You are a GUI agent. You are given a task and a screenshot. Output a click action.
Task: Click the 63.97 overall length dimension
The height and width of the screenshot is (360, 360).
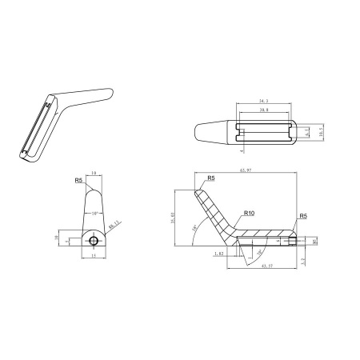245,170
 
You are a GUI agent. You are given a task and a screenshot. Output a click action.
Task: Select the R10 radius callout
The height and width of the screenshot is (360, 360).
248,214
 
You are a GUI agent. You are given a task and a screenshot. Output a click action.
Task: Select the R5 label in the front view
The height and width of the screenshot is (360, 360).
79,182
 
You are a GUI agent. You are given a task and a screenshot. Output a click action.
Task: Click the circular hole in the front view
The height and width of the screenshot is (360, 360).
94,241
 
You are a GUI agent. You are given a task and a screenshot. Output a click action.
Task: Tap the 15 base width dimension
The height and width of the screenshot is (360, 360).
94,257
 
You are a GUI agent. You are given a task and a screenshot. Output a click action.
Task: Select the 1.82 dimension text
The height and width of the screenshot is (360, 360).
218,253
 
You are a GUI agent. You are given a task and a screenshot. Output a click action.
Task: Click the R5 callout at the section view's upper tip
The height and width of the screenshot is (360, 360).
210,178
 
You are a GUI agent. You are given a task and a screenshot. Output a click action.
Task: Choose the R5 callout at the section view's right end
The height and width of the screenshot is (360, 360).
302,216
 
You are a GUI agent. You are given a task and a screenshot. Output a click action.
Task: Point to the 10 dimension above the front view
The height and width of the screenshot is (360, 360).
94,172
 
